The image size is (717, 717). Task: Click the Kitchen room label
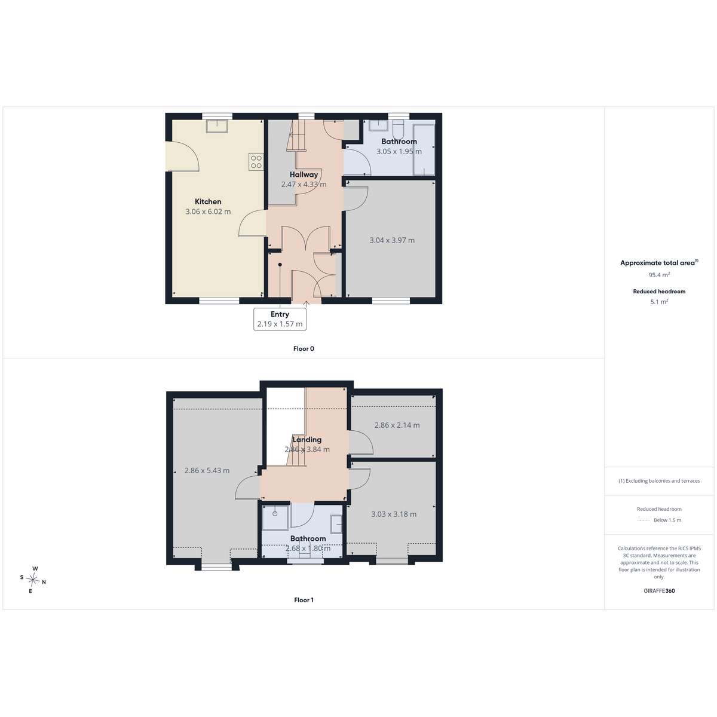pyautogui.click(x=208, y=202)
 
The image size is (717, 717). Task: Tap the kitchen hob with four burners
pyautogui.click(x=256, y=162)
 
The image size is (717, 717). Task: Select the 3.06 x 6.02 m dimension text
pyautogui.click(x=208, y=212)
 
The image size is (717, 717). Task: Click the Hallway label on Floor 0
pyautogui.click(x=304, y=174)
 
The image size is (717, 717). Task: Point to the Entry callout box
pyautogui.click(x=280, y=319)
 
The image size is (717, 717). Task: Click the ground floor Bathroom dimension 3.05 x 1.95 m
pyautogui.click(x=399, y=151)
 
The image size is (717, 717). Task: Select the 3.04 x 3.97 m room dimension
pyautogui.click(x=392, y=240)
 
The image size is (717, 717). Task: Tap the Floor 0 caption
pyautogui.click(x=304, y=348)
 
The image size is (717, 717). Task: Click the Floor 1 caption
pyautogui.click(x=304, y=600)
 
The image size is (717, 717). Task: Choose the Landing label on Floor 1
pyautogui.click(x=307, y=439)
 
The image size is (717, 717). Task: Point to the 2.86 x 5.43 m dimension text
pyautogui.click(x=207, y=471)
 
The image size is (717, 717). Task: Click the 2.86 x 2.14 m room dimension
pyautogui.click(x=397, y=425)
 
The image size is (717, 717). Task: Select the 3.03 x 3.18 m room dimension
pyautogui.click(x=394, y=514)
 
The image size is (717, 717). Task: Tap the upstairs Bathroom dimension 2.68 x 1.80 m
pyautogui.click(x=308, y=549)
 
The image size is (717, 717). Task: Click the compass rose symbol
pyautogui.click(x=33, y=580)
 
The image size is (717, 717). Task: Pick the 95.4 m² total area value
pyautogui.click(x=659, y=275)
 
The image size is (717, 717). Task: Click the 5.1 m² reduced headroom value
pyautogui.click(x=659, y=302)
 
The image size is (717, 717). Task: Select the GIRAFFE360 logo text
pyautogui.click(x=659, y=590)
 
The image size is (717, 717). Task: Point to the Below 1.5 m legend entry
pyautogui.click(x=659, y=520)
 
